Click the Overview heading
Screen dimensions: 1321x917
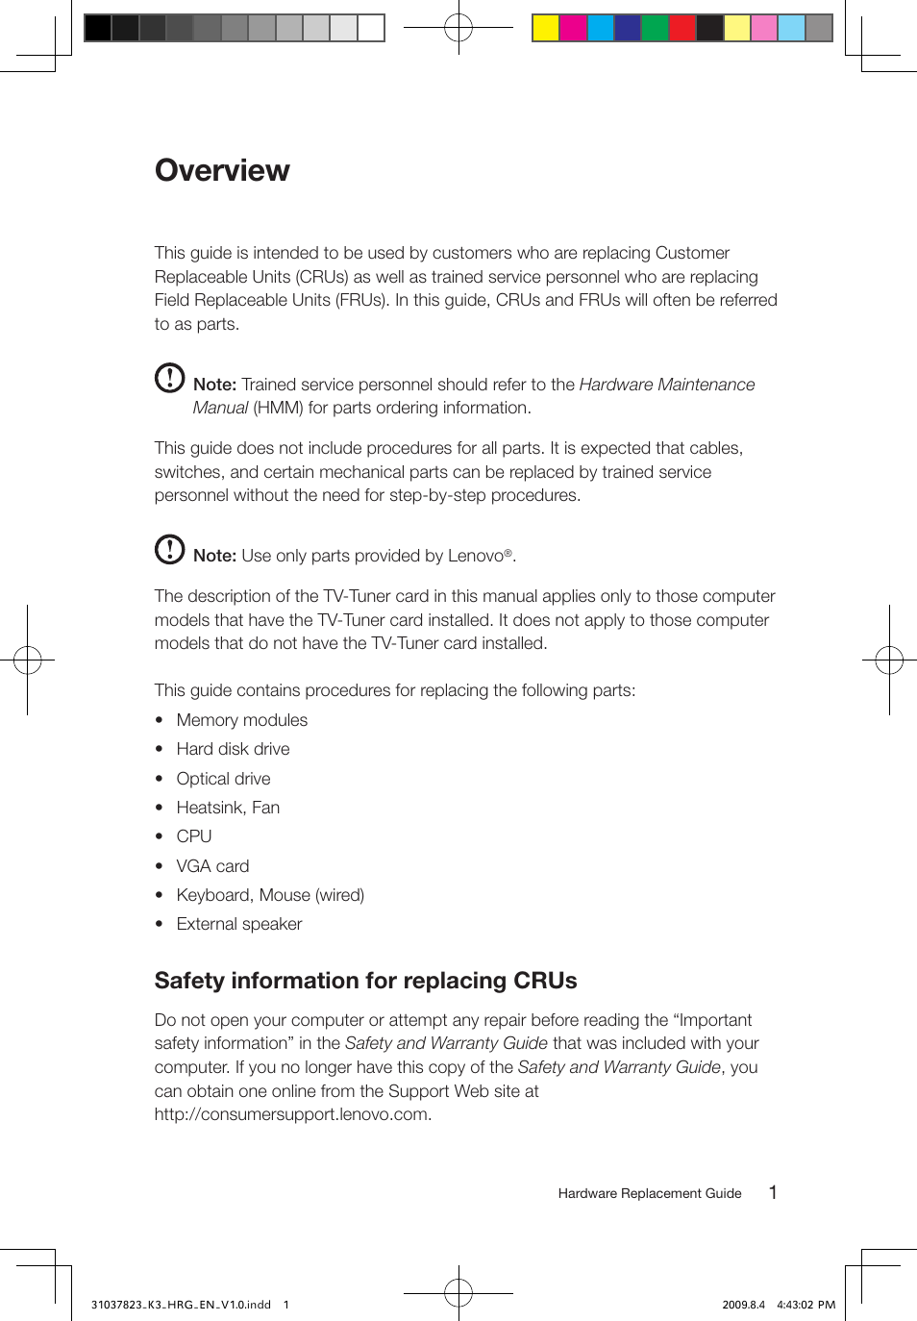click(222, 170)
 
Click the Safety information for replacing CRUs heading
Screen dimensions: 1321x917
click(365, 981)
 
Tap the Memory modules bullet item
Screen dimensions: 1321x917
click(241, 720)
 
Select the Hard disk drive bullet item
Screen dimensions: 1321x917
click(233, 749)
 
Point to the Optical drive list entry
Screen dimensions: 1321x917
click(223, 779)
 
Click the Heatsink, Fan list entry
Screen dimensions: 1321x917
click(228, 808)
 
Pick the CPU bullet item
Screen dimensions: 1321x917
click(193, 836)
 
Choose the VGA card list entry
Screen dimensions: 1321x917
click(212, 866)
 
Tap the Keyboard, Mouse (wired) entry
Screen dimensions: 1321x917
click(270, 895)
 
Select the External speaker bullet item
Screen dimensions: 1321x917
click(238, 924)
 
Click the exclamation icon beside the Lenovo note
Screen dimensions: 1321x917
click(170, 549)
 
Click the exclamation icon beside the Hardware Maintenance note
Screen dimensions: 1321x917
click(170, 378)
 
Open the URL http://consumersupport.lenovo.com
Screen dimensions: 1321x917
click(292, 1114)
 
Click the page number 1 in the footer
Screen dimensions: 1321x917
click(773, 1192)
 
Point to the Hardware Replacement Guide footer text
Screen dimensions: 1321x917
click(650, 1193)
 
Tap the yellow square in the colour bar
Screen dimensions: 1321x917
click(546, 28)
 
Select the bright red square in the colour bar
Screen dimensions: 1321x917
click(682, 28)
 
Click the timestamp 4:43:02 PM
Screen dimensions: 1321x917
click(805, 1305)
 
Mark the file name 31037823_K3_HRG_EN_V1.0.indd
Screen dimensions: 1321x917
click(181, 1305)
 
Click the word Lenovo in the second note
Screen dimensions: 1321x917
click(476, 556)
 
